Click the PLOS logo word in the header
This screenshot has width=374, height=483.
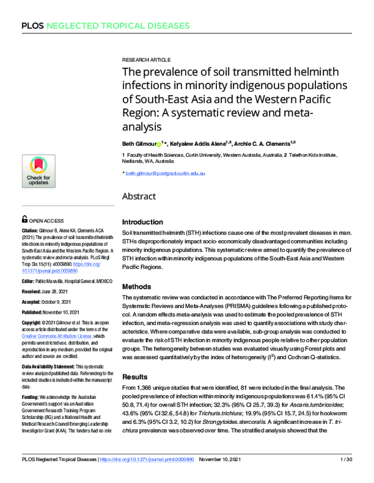coord(32,26)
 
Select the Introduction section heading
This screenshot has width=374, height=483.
coord(144,222)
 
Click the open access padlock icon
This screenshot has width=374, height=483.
coord(24,220)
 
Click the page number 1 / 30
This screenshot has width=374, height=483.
coord(347,477)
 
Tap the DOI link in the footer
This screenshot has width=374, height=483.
coord(156,477)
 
